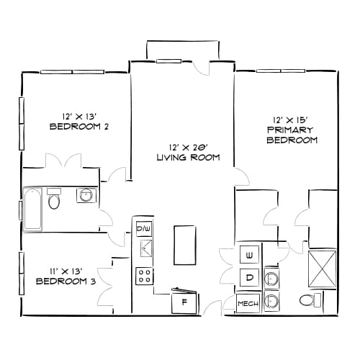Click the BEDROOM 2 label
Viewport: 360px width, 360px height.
[x=79, y=127]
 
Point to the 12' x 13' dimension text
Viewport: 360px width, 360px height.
[x=79, y=115]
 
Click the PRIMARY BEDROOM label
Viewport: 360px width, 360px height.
[x=292, y=135]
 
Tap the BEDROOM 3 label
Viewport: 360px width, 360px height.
[x=66, y=281]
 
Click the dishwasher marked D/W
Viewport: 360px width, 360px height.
[x=144, y=229]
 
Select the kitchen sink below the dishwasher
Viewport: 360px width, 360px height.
[x=145, y=249]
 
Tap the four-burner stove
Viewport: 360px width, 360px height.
[x=145, y=275]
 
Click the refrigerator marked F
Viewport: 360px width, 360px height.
[x=184, y=302]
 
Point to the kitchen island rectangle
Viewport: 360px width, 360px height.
[x=184, y=246]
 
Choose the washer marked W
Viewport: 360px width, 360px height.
[x=249, y=256]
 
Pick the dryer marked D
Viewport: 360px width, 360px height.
[x=249, y=277]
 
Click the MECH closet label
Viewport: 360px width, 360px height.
[x=248, y=304]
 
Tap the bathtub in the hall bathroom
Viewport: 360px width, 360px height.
[x=32, y=210]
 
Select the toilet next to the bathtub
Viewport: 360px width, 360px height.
[x=54, y=200]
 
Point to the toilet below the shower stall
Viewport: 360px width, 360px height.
[x=308, y=300]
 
